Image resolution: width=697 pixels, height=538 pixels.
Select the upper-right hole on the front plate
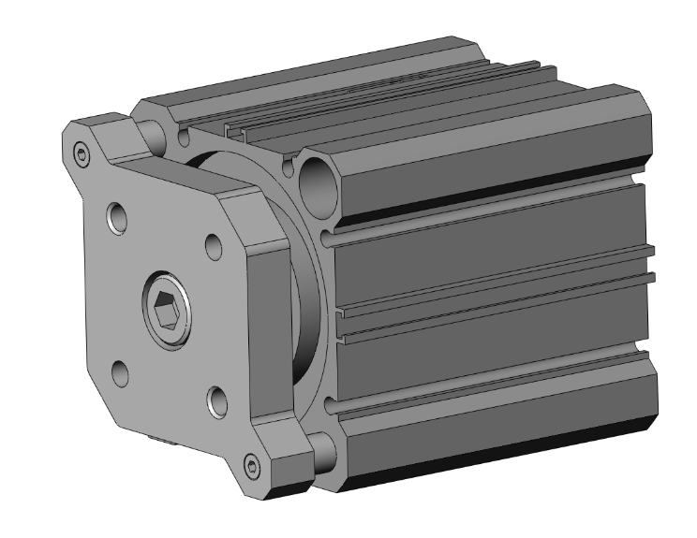(214, 247)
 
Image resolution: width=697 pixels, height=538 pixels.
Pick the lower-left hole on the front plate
(119, 373)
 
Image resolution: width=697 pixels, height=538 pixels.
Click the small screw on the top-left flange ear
(82, 151)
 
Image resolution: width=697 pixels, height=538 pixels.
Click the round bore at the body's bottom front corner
(323, 452)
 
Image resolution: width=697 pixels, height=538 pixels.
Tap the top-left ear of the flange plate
(89, 140)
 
